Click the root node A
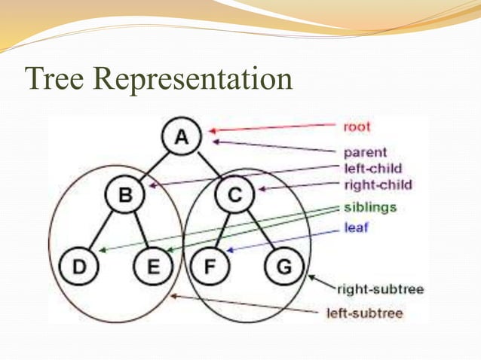[181, 138]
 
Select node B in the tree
[125, 196]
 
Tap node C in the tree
[234, 196]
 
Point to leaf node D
[78, 267]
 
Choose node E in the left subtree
[152, 267]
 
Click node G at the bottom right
[284, 267]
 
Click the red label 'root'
[357, 127]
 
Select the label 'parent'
[365, 153]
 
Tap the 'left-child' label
[372, 169]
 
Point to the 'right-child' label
[377, 185]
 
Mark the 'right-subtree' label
[380, 288]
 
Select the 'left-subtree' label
[364, 312]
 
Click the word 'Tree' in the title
[53, 78]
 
